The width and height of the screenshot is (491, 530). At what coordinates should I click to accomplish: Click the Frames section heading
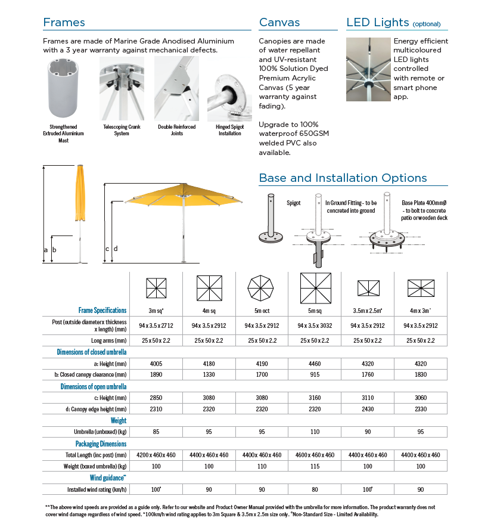click(64, 23)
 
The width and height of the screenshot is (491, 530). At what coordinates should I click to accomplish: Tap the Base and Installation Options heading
click(343, 178)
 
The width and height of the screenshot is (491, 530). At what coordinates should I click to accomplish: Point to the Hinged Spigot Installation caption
click(229, 130)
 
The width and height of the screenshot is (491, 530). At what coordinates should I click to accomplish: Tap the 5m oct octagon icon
click(262, 289)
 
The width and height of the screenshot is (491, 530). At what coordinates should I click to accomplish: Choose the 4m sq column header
click(209, 311)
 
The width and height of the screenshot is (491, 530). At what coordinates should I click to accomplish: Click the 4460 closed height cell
click(315, 364)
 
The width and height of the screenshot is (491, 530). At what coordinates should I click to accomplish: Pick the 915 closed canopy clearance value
click(315, 375)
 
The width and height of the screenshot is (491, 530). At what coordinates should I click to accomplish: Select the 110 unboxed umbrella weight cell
click(315, 432)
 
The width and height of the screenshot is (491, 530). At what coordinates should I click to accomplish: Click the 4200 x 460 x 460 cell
click(156, 455)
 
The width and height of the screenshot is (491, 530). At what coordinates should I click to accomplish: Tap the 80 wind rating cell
click(315, 489)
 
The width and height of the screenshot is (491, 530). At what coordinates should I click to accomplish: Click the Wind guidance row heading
click(108, 478)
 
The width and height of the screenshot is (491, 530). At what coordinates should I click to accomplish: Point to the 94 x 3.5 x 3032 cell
click(315, 326)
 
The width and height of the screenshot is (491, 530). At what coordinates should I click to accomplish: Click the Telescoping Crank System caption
click(121, 130)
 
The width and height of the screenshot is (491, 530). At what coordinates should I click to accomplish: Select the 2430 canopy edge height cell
click(368, 409)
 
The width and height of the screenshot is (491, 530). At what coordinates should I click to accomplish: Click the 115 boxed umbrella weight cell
click(315, 466)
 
